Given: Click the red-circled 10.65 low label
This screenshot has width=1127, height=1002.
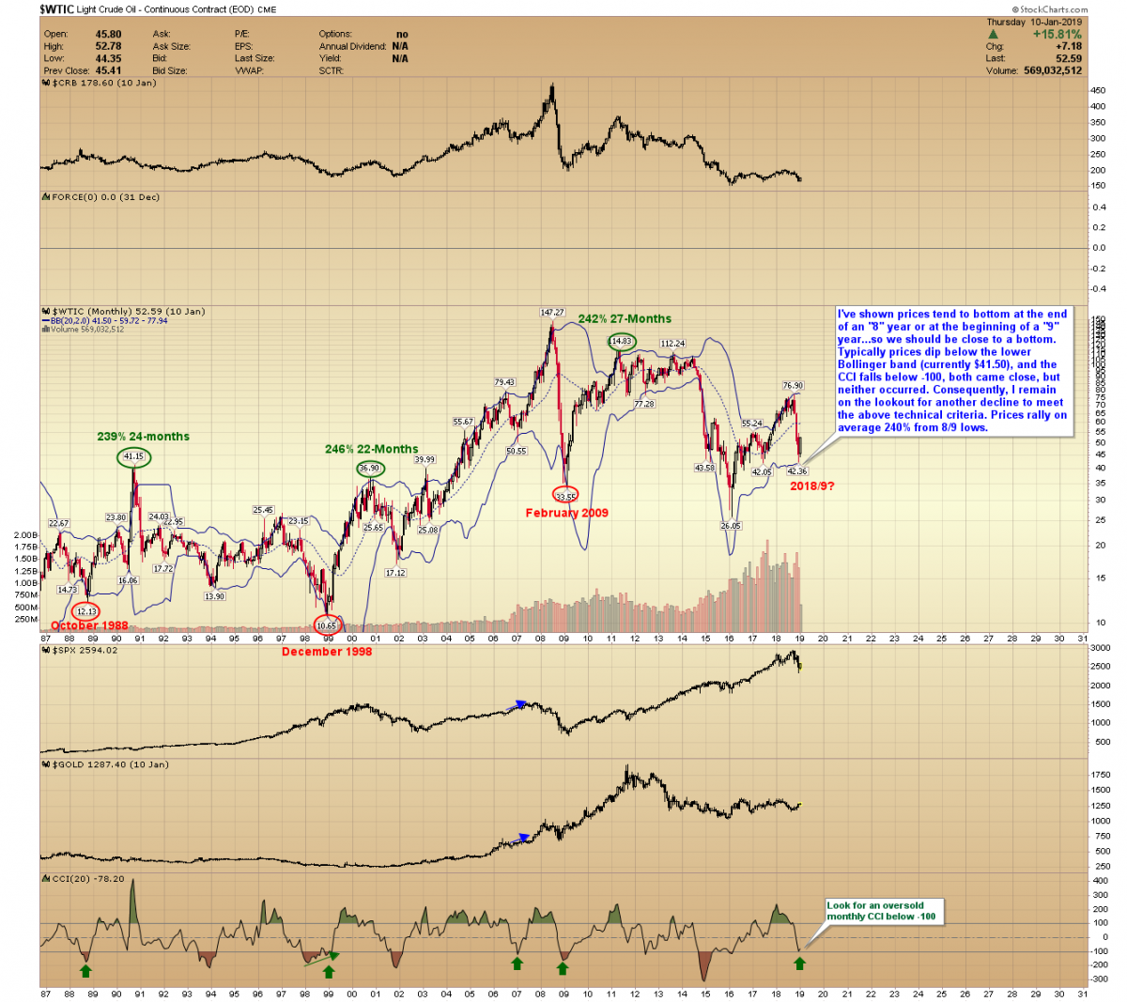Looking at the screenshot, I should [x=326, y=625].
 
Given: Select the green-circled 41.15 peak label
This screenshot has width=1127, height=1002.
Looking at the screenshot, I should [x=134, y=457].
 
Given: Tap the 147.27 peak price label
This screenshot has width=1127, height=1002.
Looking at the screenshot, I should [x=551, y=313].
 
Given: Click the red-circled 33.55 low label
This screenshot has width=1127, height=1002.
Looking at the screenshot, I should [x=565, y=494].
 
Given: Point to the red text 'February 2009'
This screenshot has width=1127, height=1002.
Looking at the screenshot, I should [x=566, y=513].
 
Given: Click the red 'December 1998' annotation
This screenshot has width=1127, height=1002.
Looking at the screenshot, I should [x=327, y=652].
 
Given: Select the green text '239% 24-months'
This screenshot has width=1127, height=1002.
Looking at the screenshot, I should [x=143, y=437].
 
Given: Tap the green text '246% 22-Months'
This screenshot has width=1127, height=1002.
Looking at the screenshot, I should [x=372, y=450].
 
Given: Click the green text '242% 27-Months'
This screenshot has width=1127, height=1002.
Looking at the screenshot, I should [x=625, y=319].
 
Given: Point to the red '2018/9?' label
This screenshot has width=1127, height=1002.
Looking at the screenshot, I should [x=811, y=486].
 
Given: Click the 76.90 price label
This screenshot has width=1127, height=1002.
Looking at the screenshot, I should [x=793, y=386].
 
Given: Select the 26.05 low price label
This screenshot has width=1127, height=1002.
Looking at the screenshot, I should [x=731, y=527].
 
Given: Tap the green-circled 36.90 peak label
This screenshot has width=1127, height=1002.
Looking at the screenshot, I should [x=370, y=469].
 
